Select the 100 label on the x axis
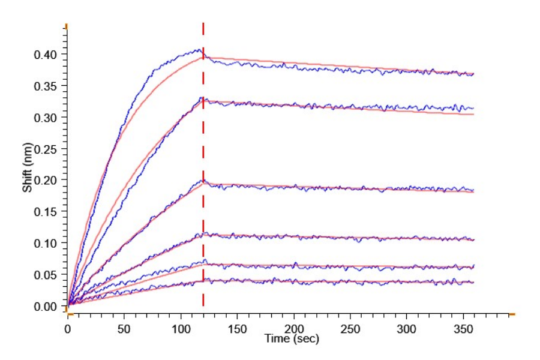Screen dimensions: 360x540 tap(181, 329)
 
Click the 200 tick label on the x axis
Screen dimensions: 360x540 tap(293, 329)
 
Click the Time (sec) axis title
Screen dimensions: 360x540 tap(292, 339)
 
